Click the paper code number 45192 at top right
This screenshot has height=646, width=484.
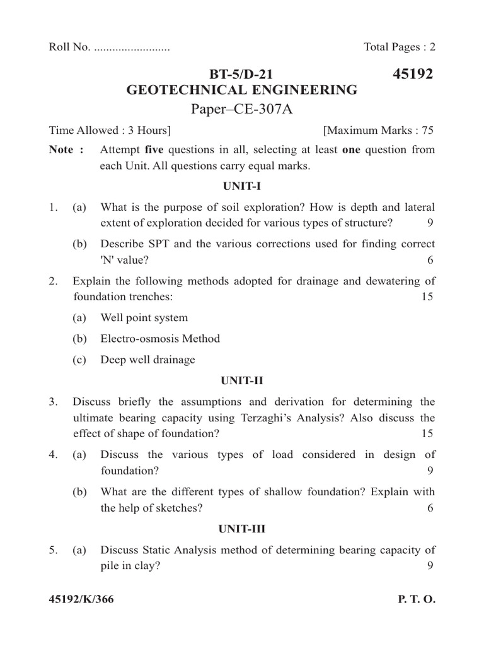tap(413, 74)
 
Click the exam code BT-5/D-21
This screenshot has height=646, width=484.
tap(242, 75)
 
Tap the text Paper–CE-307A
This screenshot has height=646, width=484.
tap(242, 110)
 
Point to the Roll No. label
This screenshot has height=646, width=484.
tap(69, 47)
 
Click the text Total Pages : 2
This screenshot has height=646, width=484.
tap(400, 47)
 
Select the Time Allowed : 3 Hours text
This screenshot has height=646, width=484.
tap(110, 131)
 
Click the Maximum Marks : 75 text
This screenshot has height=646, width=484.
tap(378, 131)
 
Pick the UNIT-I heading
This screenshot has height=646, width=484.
tap(241, 187)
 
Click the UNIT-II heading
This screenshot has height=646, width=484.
tap(241, 380)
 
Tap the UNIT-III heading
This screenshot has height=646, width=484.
tap(241, 529)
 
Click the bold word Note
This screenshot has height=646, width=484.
tap(62, 150)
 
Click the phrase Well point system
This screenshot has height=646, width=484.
tap(144, 318)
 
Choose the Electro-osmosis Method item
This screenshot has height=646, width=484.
tap(160, 339)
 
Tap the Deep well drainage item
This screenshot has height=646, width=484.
tap(147, 360)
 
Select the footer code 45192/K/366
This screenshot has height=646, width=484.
tap(81, 599)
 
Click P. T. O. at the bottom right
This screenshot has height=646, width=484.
tap(417, 599)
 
